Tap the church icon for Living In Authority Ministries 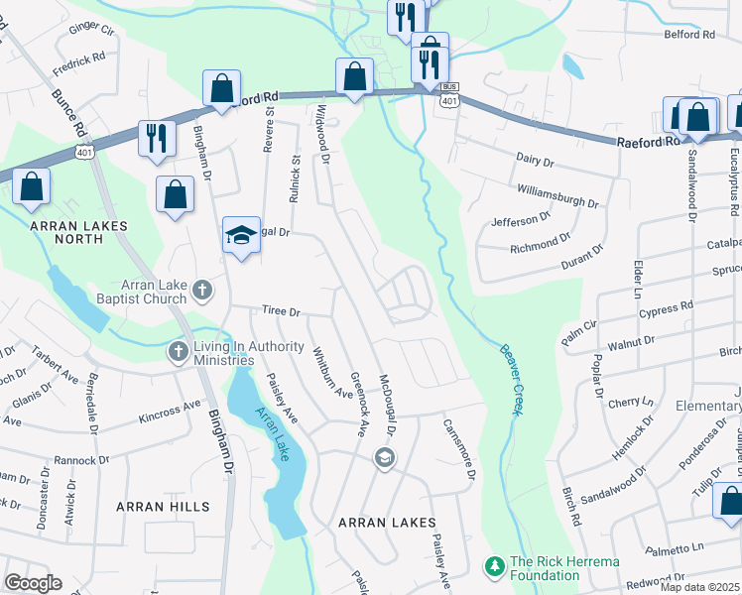179,352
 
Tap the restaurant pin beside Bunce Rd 156,139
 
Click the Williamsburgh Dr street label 557,195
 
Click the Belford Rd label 689,34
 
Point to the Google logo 33,582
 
